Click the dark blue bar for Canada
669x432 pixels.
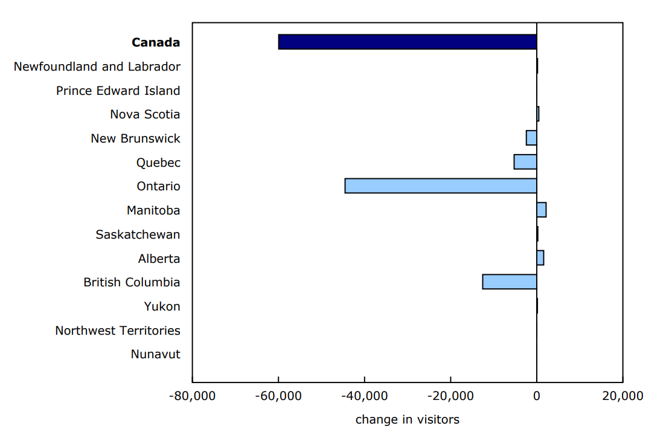point(407,42)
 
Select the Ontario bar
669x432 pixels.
point(440,186)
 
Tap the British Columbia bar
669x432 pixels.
point(509,282)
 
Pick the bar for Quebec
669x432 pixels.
point(525,162)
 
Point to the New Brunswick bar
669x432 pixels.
point(531,138)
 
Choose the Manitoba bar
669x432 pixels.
point(541,210)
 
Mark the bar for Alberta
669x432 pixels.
point(540,258)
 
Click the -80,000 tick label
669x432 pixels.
point(191,396)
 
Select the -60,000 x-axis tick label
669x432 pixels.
point(278,396)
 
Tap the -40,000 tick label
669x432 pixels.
point(364,396)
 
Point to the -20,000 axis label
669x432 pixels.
point(450,396)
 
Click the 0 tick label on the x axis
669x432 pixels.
point(536,396)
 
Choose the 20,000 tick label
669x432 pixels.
point(623,396)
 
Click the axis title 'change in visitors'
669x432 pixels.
point(407,419)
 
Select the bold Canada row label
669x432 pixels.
point(156,42)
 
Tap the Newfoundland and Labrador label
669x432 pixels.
point(97,66)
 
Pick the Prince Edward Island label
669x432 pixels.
point(118,91)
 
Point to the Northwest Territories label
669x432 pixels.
point(117,330)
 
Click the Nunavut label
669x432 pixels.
point(155,354)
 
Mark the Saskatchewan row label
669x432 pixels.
point(138,234)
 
